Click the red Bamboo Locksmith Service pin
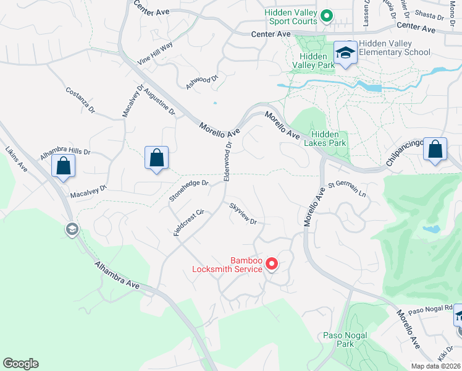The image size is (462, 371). click(x=271, y=264)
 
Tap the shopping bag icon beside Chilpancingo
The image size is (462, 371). click(x=435, y=149)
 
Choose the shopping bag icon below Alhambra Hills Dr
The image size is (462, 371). click(x=63, y=165)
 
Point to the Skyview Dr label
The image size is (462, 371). click(x=243, y=213)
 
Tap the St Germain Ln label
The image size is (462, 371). click(x=347, y=189)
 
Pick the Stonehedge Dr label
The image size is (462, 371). click(x=189, y=190)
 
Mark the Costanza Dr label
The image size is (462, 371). click(x=80, y=100)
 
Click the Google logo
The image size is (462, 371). click(x=20, y=364)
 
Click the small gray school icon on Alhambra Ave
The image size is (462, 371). click(x=72, y=229)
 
